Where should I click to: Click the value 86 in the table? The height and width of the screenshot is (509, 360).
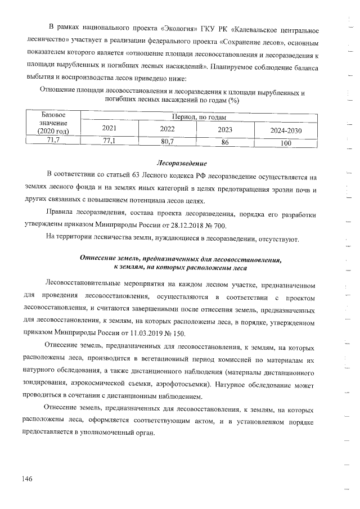(225, 142)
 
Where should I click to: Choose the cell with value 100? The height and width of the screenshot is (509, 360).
(286, 143)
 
